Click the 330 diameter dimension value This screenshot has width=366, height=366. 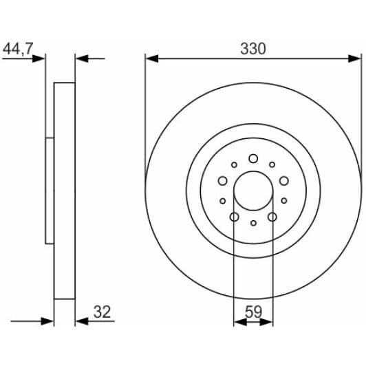[x=253, y=49]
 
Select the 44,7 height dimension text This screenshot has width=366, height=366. [x=19, y=49]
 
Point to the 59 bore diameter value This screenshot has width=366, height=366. [x=253, y=311]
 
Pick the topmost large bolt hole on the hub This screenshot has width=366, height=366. [x=253, y=158]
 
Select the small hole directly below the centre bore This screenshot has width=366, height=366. [x=253, y=223]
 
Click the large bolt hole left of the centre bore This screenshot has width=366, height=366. [x=222, y=181]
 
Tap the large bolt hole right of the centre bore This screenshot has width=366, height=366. [x=284, y=181]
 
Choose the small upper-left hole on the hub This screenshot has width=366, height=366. [x=235, y=164]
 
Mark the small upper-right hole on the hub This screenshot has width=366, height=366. [x=272, y=164]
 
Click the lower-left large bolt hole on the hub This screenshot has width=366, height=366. [x=234, y=217]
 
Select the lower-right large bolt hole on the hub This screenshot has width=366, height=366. [x=272, y=217]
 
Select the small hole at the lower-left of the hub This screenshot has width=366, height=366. [x=223, y=201]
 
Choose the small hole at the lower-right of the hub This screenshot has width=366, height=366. [x=284, y=201]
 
